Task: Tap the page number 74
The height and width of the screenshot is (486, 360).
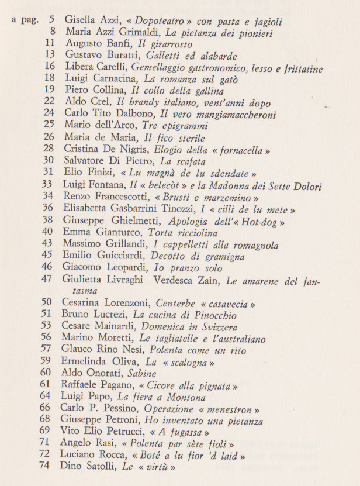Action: click(x=47, y=466)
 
